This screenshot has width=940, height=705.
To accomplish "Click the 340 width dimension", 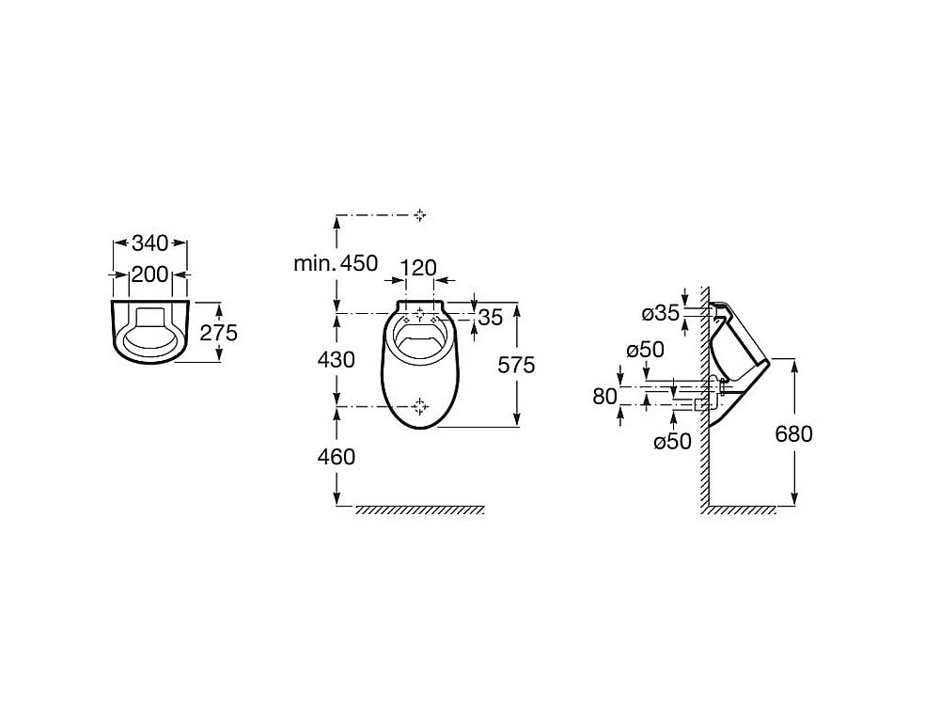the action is click(149, 243).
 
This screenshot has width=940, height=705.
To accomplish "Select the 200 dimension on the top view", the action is click(149, 274).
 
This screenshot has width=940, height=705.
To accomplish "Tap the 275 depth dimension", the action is click(219, 332).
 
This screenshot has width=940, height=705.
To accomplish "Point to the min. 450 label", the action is click(336, 263).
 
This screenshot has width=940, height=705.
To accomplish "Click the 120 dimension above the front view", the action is click(418, 268).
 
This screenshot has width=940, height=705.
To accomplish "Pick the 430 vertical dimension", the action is click(337, 360).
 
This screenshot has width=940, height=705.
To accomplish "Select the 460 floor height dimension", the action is click(337, 457).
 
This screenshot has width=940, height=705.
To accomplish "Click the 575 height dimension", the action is click(516, 365).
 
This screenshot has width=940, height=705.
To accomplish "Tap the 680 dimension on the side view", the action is click(793, 433).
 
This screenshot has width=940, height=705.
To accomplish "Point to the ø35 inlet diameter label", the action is click(661, 313).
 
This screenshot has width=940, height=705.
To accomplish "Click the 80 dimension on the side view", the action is click(604, 397).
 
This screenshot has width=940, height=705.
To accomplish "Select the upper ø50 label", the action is click(645, 350).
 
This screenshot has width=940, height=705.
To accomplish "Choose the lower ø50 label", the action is click(673, 442).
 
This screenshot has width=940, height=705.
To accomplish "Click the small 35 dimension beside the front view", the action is click(491, 317).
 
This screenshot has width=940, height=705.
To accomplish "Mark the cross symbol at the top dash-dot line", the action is click(419, 214).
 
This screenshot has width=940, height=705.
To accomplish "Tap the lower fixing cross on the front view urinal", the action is click(420, 406).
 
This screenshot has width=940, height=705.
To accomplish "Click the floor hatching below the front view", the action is click(419, 510).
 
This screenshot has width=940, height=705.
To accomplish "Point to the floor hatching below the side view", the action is click(741, 510).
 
